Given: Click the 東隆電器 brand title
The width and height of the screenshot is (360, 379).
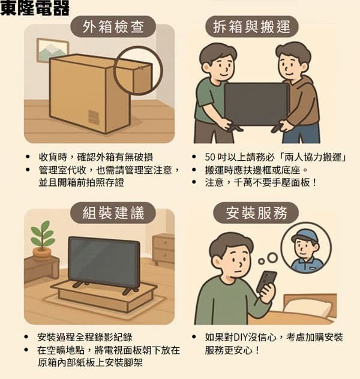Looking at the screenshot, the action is point(35,8).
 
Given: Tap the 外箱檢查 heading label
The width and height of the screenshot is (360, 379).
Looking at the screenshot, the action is point(113,26).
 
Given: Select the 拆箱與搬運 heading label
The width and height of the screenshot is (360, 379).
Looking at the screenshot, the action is point(251,26).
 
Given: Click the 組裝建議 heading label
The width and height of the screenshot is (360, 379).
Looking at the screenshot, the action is point(113,213).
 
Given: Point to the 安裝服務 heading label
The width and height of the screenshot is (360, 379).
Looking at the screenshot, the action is point(256,213).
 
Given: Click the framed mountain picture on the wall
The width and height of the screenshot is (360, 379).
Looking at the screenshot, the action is point(52,50).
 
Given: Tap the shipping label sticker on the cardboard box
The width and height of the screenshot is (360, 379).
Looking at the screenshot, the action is point(94,117).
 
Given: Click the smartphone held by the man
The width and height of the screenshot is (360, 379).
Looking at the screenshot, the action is point(266,282).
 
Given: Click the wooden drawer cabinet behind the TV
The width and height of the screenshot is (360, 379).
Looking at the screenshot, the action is point(163,249).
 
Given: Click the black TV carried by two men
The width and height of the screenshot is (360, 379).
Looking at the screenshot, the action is point(256,104).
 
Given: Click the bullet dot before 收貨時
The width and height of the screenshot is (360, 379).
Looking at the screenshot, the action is point(28,157).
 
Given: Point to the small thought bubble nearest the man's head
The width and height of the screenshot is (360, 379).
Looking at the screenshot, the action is point(261,261).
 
